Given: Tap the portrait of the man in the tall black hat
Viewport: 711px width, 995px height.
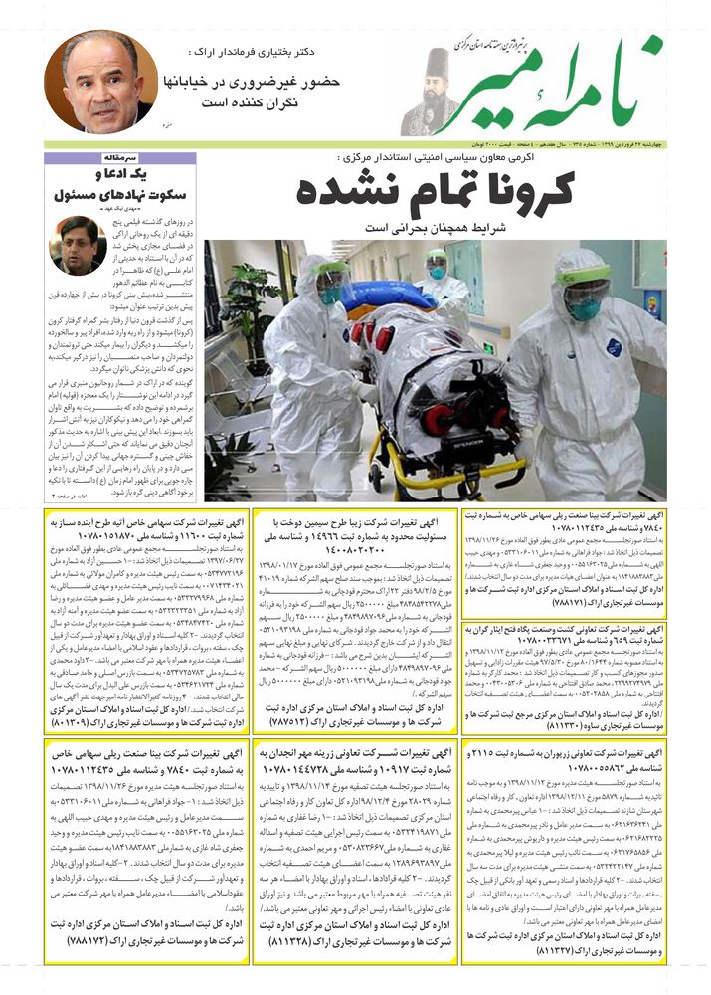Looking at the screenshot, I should pos(431,95).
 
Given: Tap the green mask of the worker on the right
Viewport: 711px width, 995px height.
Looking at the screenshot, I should pos(585,308).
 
